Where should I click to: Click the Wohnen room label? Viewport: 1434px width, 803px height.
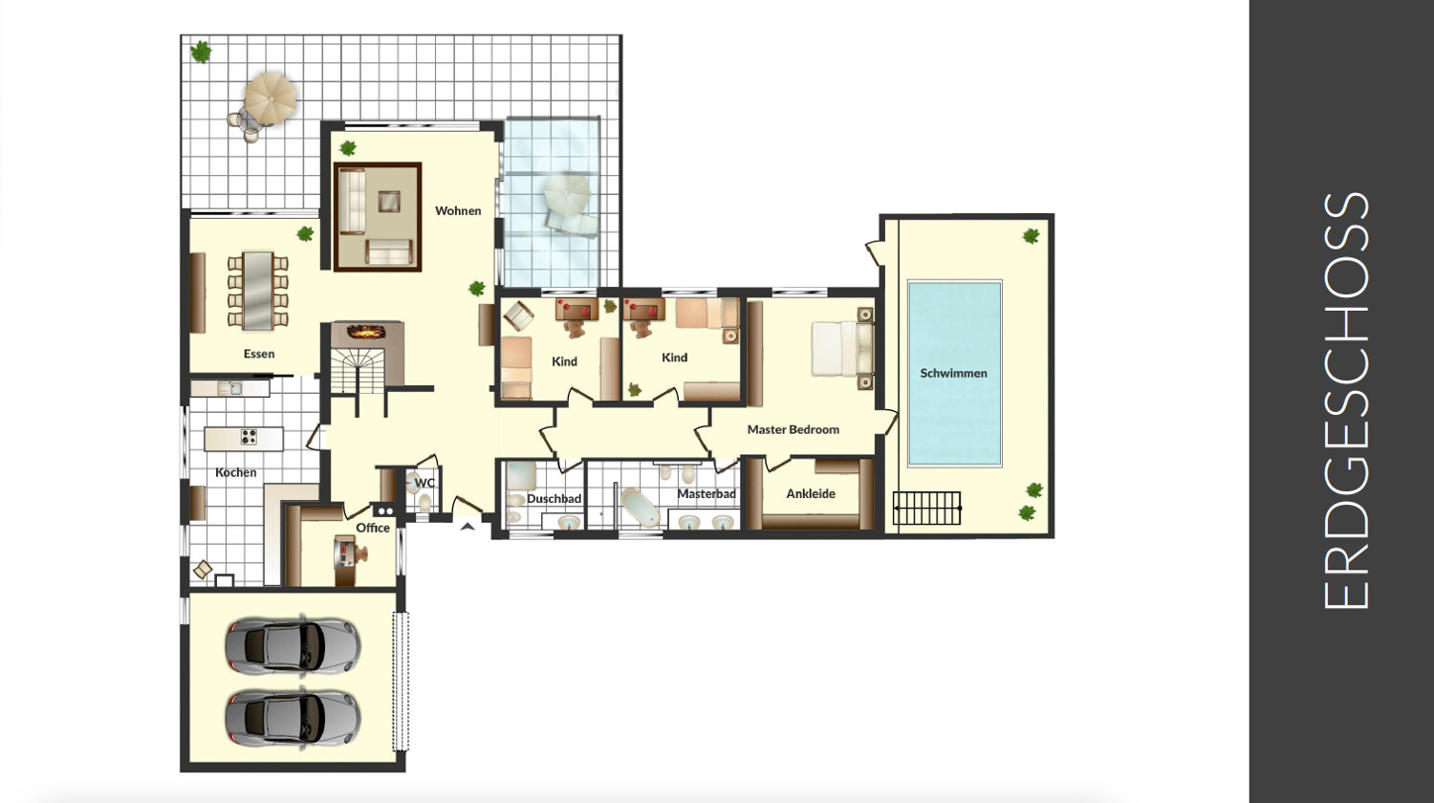click(458, 210)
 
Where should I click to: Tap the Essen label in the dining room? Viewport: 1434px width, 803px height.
click(259, 354)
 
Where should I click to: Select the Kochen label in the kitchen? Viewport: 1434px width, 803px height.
click(235, 472)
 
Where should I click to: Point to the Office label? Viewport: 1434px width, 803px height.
click(373, 528)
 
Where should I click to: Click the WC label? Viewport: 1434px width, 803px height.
click(424, 483)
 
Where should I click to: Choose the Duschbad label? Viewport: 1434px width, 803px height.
click(554, 499)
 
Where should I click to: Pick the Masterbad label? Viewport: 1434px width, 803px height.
click(706, 493)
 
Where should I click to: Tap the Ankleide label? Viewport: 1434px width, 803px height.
click(811, 493)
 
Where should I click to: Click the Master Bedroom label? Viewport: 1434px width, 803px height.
click(793, 429)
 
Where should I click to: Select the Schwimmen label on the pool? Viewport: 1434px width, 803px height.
click(953, 374)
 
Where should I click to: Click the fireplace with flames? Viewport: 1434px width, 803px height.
click(367, 332)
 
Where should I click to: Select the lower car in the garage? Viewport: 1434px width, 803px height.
click(293, 718)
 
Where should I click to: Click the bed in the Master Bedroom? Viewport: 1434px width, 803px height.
click(842, 349)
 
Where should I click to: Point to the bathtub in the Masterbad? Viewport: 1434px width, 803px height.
click(640, 508)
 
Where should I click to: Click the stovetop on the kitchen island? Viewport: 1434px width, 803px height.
click(249, 437)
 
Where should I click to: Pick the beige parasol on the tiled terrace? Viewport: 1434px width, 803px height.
click(271, 99)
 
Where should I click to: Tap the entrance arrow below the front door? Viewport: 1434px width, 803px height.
click(468, 527)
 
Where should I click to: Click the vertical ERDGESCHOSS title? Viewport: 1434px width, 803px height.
click(1345, 401)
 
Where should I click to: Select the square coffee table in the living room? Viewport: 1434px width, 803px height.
click(388, 201)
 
